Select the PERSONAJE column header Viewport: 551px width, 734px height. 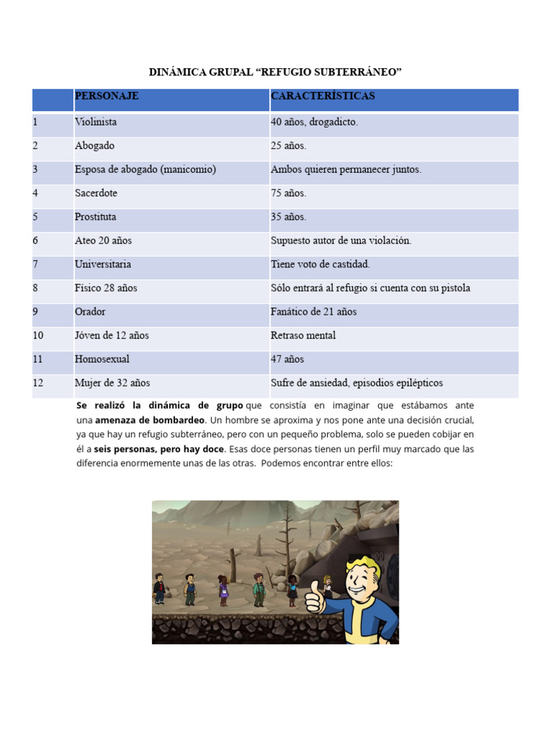point(107,96)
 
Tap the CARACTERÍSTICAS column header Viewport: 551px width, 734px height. point(322,96)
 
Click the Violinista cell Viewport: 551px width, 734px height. point(95,123)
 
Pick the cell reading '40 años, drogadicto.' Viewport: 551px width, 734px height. point(314,123)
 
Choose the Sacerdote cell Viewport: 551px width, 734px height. point(95,194)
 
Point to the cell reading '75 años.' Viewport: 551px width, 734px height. point(288,194)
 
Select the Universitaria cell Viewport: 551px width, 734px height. point(103,264)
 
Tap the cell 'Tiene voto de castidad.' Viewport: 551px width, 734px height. point(320,264)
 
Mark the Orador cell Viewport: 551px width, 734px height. point(90,312)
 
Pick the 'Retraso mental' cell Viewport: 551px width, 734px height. point(303,335)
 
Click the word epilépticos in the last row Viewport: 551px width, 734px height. point(416,383)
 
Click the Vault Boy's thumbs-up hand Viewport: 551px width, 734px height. point(315,598)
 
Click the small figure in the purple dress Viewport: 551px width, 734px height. point(223,592)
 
